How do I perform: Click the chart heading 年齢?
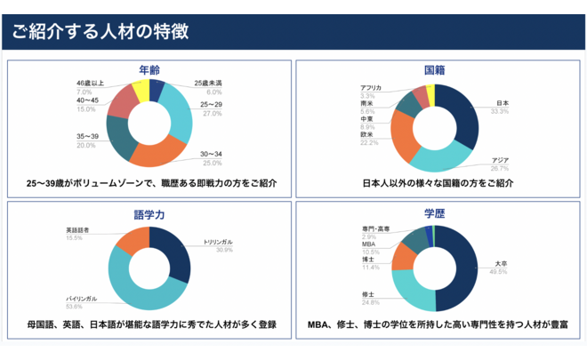point(149,70)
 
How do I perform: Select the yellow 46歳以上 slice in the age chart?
point(140,92)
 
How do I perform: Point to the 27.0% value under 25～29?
point(213,114)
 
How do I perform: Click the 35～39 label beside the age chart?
point(87,136)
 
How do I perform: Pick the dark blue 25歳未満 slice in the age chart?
point(157,90)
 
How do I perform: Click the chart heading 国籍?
point(436,70)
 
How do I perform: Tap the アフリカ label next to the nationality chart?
point(372,87)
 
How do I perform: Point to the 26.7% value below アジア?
point(500,168)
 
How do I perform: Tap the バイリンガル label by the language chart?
point(81,298)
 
